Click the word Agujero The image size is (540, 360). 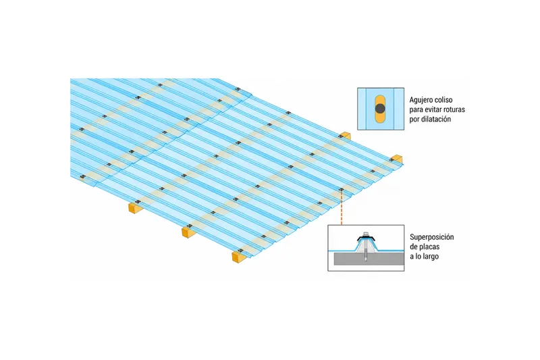421,100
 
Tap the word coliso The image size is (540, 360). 444,100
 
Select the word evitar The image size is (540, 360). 434,109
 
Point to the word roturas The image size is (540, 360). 455,109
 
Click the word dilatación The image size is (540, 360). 435,119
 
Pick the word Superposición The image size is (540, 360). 432,237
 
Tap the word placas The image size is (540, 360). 429,247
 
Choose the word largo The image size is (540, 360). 430,257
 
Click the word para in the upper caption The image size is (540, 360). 416,110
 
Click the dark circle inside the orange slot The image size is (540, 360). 380,109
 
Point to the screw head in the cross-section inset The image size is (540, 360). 365,234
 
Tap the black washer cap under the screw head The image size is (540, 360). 365,238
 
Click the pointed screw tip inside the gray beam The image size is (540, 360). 365,261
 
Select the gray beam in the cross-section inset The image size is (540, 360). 369,258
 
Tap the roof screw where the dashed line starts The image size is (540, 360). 342,190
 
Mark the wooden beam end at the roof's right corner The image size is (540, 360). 397,159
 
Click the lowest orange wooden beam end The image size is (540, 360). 238,257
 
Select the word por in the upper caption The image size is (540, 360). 414,120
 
